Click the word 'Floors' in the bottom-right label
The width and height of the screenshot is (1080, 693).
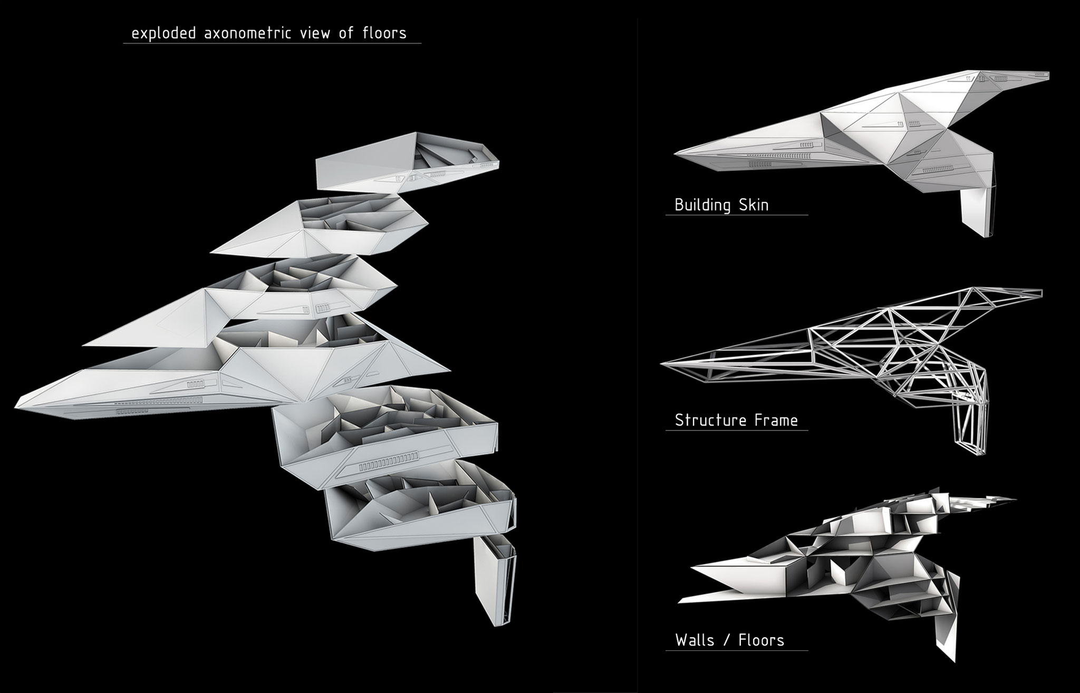click(761, 640)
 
